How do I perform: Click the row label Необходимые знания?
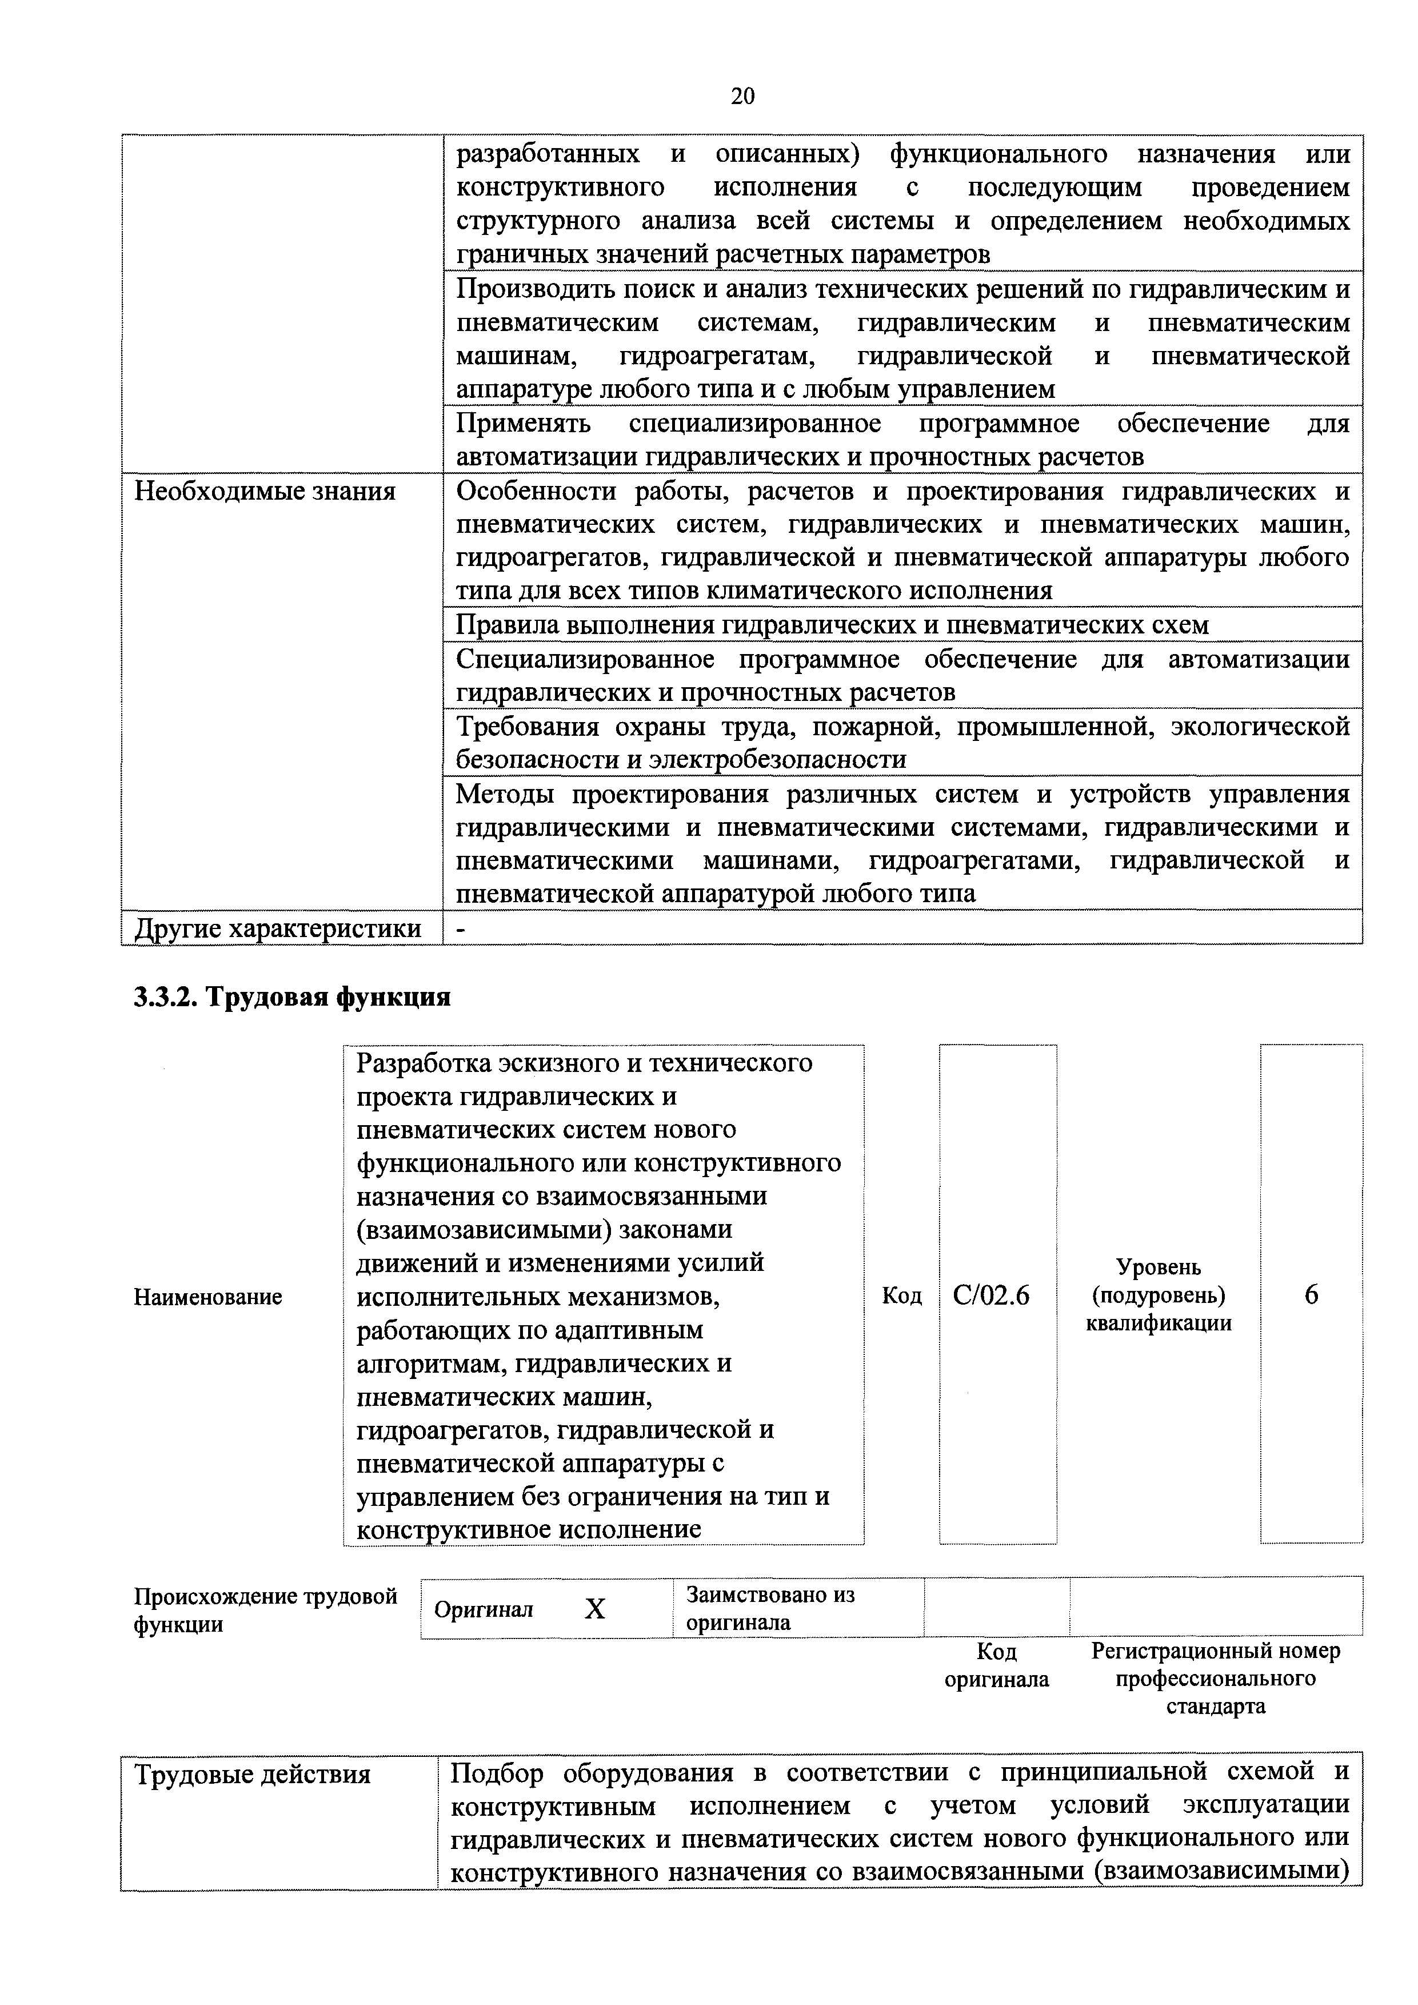[265, 492]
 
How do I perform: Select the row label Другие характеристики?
[278, 928]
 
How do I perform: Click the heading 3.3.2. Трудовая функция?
[291, 997]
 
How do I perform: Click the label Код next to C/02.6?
[901, 1296]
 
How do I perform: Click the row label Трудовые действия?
[253, 1775]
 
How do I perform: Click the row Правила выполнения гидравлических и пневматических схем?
[832, 625]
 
